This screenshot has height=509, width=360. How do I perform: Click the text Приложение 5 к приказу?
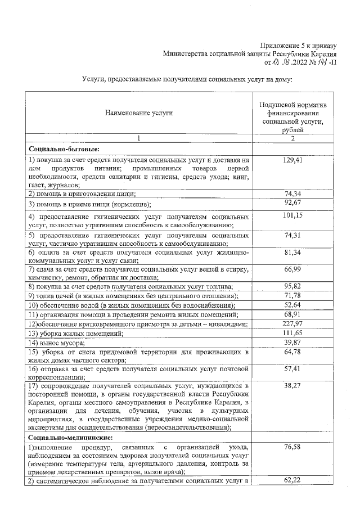point(298,45)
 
